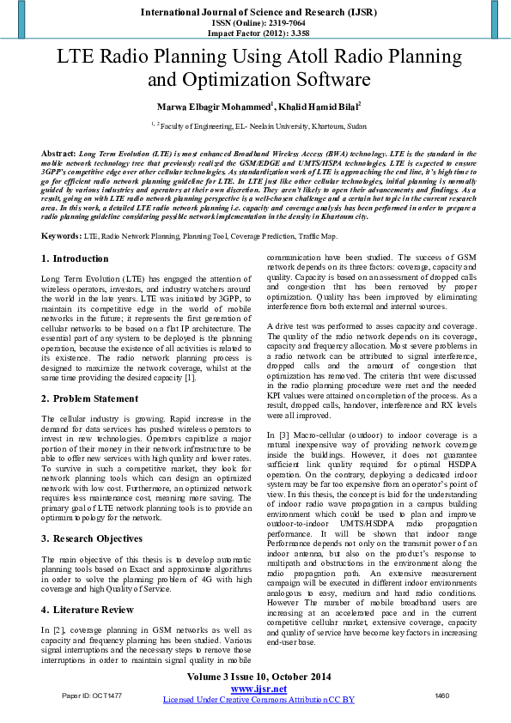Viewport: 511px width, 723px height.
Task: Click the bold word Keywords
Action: [x=61, y=235]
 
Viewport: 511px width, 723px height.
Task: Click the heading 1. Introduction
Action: [x=75, y=258]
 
